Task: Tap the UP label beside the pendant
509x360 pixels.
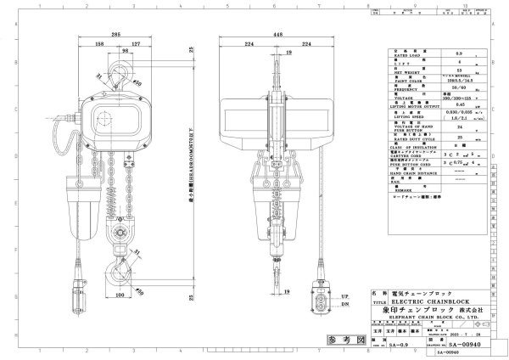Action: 343,295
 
